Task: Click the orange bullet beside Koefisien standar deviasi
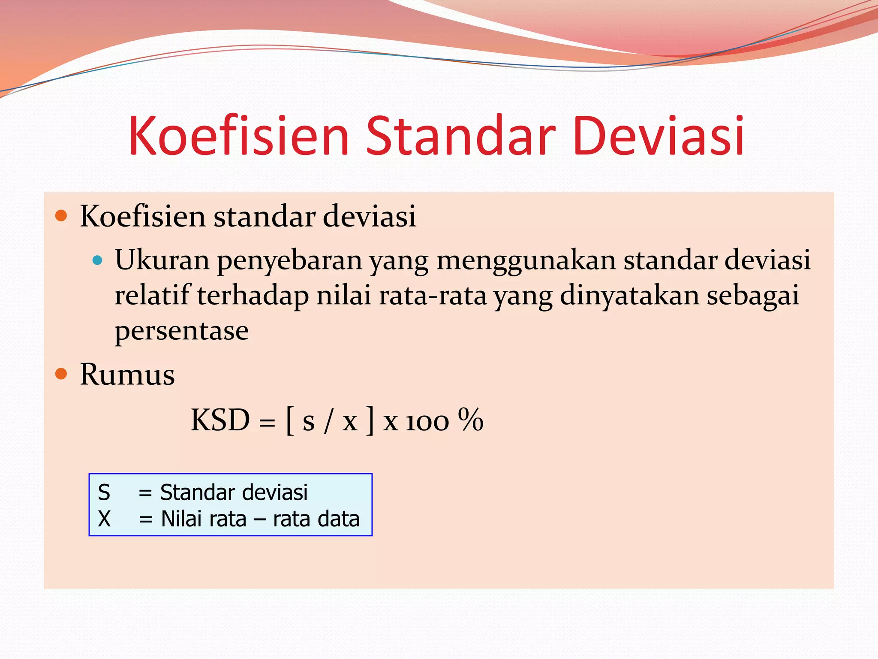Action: click(x=61, y=215)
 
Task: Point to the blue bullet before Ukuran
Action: click(x=98, y=260)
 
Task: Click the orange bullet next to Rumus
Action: click(x=61, y=374)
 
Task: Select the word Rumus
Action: click(x=127, y=375)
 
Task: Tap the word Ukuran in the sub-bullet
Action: click(x=162, y=260)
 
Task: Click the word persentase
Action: click(x=181, y=331)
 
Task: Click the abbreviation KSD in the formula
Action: click(x=220, y=420)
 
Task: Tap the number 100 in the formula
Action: click(x=427, y=422)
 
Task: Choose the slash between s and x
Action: click(x=328, y=421)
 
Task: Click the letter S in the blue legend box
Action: click(x=104, y=492)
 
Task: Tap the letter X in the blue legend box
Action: click(x=104, y=519)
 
